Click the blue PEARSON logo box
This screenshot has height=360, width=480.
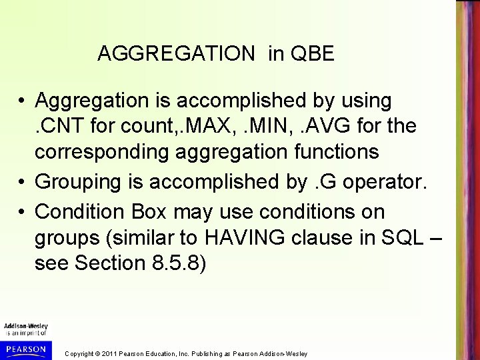(25, 349)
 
